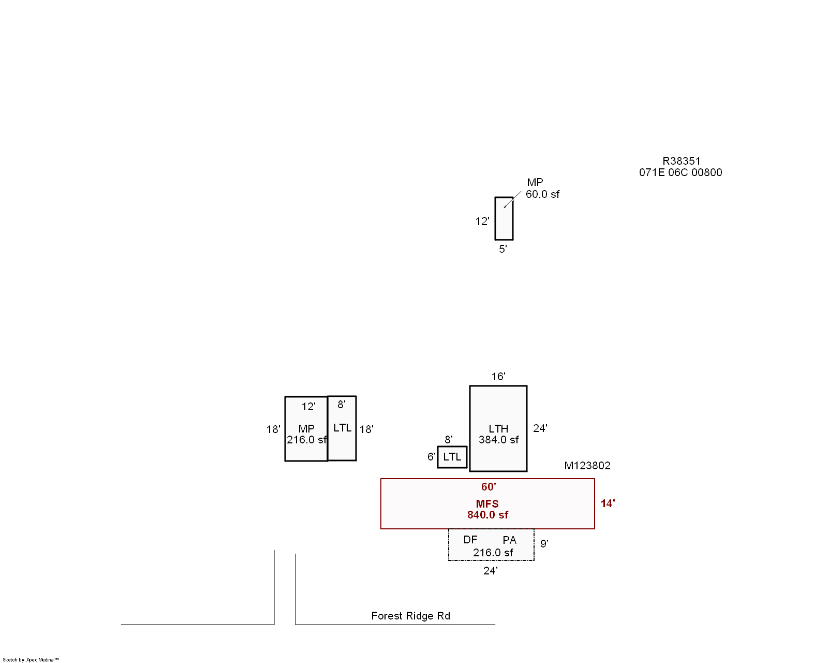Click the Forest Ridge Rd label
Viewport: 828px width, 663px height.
410,616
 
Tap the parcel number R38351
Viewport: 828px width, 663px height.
681,161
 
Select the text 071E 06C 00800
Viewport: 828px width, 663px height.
681,172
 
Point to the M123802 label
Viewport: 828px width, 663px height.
587,466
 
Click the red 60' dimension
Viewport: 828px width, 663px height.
489,487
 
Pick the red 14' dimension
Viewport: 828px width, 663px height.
608,503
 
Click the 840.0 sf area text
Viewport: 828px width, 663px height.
487,515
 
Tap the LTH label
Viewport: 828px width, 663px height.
498,429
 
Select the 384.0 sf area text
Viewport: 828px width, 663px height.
498,440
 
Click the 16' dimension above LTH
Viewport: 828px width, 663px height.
498,377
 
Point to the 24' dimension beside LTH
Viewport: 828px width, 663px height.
540,428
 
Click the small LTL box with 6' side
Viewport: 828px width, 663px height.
452,457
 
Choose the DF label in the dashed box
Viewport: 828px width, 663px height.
470,540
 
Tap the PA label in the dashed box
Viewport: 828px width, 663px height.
509,540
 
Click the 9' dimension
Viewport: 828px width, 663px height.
544,543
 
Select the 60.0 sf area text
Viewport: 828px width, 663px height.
542,194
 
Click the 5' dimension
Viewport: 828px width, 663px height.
502,249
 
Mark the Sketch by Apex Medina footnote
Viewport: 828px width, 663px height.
31,660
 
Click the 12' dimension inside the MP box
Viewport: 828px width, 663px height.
308,407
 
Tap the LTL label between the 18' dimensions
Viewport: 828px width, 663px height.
342,428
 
